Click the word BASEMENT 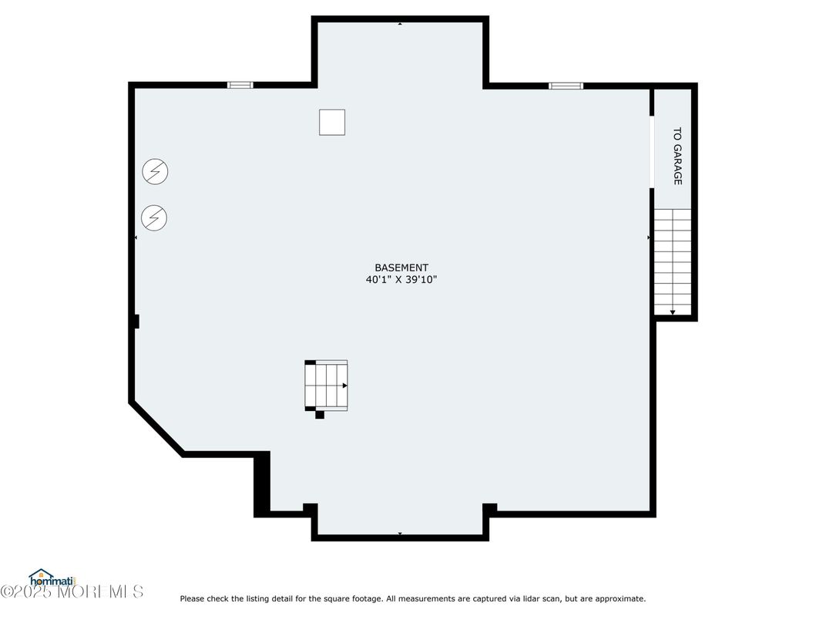401,268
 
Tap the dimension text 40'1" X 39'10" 401,279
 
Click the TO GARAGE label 677,156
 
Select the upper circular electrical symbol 156,171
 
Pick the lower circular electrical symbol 154,217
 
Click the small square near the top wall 332,123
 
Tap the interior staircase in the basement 326,386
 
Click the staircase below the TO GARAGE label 673,262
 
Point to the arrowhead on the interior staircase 345,386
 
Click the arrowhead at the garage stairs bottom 673,312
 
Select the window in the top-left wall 240,85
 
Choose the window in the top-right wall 566,86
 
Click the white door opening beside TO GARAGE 652,152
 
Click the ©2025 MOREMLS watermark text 72,591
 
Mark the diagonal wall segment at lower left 157,428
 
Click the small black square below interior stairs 320,415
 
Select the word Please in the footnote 193,598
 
